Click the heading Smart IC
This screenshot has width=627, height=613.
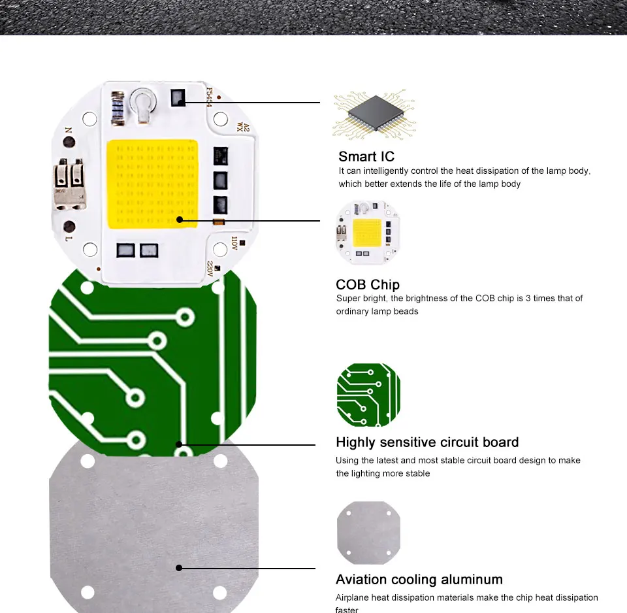(x=366, y=157)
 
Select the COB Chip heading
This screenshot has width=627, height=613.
(x=367, y=285)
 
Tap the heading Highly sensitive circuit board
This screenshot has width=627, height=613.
(x=427, y=442)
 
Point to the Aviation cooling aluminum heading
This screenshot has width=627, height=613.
(x=419, y=580)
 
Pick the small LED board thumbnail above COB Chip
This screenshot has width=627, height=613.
(x=368, y=233)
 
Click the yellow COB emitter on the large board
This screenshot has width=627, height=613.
(x=152, y=184)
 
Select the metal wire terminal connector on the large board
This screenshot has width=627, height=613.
(x=69, y=184)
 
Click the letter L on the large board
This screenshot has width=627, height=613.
(x=68, y=240)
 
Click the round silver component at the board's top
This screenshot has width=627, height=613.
(x=142, y=101)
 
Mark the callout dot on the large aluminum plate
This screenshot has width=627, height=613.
(x=179, y=568)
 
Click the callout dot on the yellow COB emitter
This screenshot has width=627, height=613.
(x=179, y=221)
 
